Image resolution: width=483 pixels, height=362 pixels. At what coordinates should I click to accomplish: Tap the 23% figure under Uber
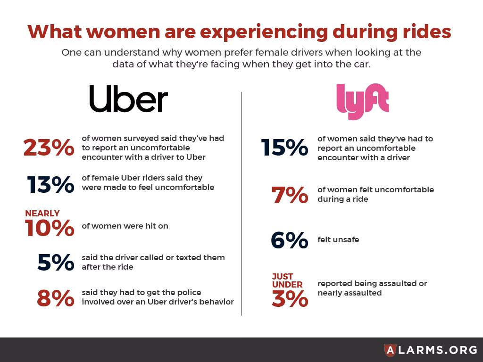(49, 148)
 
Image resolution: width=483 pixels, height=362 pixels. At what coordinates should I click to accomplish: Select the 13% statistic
(50, 184)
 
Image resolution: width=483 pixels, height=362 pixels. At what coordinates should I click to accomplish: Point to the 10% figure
(50, 228)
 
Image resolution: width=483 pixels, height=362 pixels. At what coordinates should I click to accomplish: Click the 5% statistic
(56, 262)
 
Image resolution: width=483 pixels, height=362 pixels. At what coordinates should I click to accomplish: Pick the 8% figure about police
(56, 297)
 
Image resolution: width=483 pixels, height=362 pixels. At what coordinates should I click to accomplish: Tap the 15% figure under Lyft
(284, 148)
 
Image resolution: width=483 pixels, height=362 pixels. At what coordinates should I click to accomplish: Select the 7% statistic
(290, 195)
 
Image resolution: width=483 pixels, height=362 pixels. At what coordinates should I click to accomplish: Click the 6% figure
(289, 240)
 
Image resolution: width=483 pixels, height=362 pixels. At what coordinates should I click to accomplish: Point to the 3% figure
(290, 298)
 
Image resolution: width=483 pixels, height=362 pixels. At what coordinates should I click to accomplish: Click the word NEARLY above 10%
(42, 214)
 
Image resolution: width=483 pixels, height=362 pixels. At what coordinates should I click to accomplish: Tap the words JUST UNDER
(287, 280)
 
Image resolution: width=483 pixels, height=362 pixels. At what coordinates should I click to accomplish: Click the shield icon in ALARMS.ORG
(390, 349)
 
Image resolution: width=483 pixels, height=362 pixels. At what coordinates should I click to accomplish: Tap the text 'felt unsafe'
(338, 239)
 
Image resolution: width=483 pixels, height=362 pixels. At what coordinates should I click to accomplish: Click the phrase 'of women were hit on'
(125, 226)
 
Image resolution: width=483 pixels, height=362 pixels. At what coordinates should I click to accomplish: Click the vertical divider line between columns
(241, 203)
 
